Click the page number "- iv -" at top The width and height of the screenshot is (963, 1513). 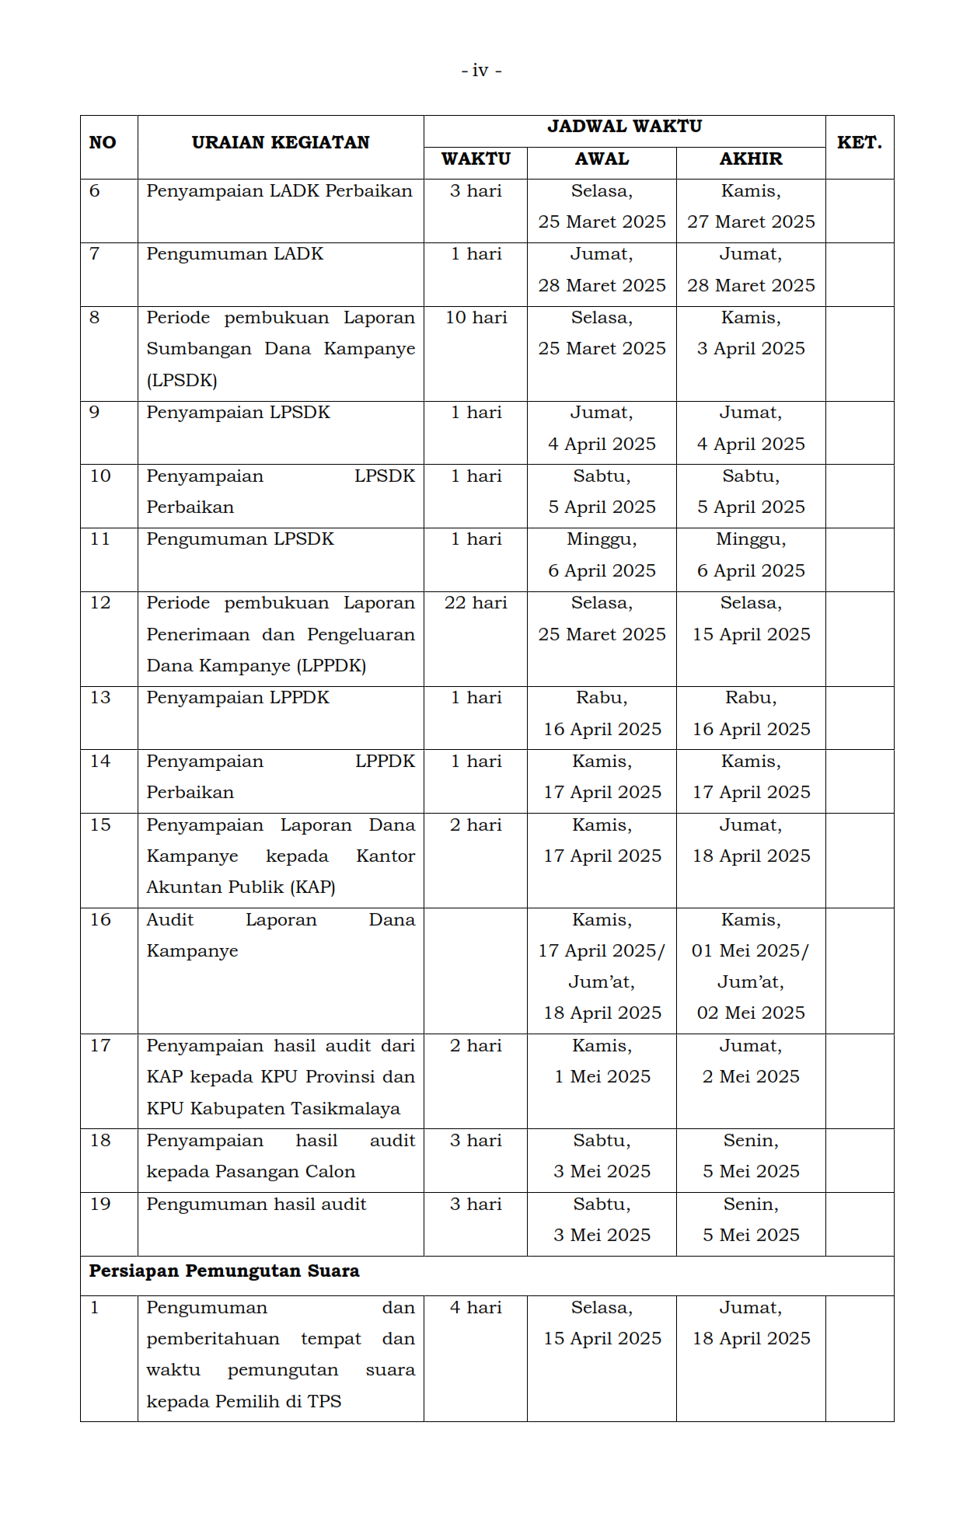481,71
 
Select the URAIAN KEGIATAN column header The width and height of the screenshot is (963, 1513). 281,143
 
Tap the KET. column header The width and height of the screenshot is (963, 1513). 859,143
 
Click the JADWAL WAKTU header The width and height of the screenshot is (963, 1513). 624,127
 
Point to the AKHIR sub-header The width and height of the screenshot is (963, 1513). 750,159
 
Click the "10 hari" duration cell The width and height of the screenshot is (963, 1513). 476,318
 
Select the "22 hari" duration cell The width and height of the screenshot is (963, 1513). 476,603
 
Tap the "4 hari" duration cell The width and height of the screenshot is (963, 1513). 476,1308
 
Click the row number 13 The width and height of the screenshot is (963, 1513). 100,698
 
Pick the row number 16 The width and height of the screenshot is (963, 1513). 100,920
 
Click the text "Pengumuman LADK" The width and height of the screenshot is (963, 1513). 235,254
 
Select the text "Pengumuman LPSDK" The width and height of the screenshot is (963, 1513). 240,539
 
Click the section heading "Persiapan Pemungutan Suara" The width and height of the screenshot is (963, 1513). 224,1271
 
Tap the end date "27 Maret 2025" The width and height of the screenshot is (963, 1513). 751,222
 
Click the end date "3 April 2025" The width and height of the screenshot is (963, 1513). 751,349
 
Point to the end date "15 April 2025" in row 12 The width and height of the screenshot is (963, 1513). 751,635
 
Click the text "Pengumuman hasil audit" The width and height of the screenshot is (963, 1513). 256,1204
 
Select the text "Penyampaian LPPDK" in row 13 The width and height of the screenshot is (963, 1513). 238,698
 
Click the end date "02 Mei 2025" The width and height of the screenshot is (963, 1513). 751,1013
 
